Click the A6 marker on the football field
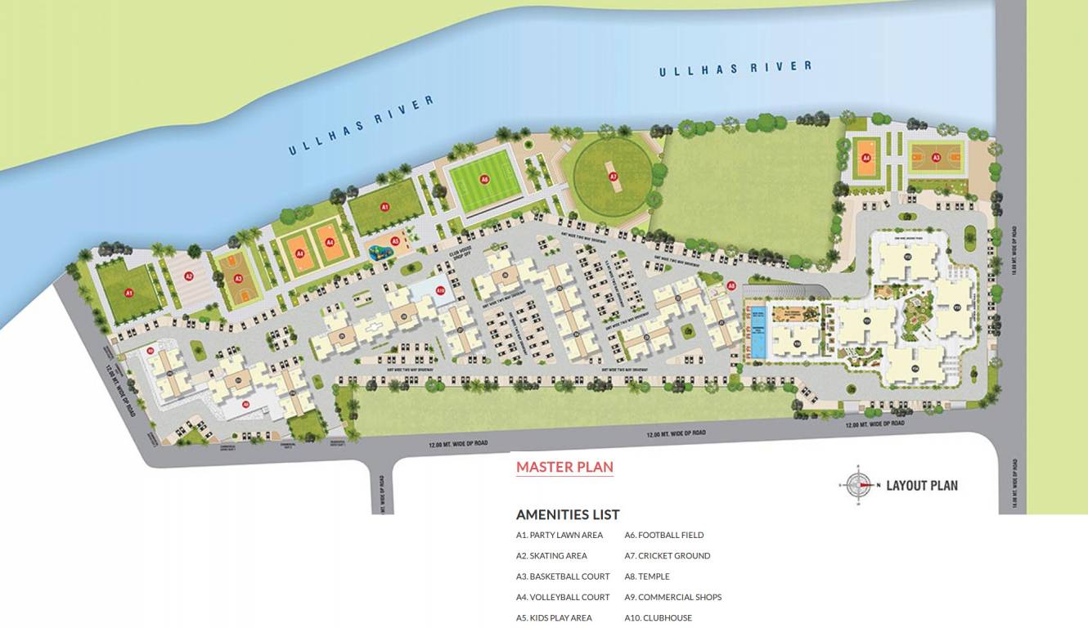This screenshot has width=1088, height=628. coord(484,179)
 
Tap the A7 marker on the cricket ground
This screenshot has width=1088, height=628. coord(613,176)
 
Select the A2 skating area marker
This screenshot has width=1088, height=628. coord(188,276)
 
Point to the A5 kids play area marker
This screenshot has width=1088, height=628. coord(395,241)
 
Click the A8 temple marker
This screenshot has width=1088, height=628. coord(731,286)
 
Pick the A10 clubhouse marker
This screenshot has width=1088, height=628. coord(440,290)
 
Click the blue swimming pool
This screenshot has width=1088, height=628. coord(758,332)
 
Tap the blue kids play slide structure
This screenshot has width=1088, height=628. coord(379,251)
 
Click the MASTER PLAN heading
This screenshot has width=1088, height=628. coord(564,467)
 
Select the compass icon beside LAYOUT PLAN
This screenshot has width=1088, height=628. coord(858,485)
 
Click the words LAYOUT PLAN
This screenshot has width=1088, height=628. coord(922,486)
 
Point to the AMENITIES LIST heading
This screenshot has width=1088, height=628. coord(568,514)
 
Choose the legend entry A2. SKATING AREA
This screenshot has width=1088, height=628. coord(551,556)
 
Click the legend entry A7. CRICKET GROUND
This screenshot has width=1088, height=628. coord(668,556)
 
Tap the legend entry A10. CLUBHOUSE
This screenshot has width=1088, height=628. coord(659,618)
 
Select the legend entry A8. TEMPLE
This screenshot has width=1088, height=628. coord(647,576)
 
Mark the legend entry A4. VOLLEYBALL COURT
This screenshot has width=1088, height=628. coord(563,598)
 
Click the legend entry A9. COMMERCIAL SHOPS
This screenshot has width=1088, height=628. coord(673,598)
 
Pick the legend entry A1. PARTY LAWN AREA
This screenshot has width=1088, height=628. coord(560,536)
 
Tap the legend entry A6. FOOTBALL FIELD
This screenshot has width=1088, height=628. coord(664,536)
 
